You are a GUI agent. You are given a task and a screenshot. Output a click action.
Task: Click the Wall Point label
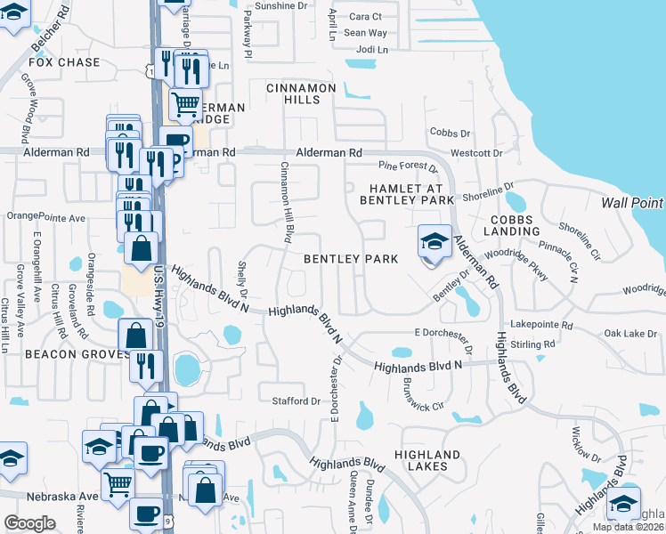click(x=633, y=202)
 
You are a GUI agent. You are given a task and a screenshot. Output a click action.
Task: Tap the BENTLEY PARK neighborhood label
click(x=350, y=259)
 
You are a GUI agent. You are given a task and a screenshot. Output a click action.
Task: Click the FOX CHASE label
click(x=64, y=63)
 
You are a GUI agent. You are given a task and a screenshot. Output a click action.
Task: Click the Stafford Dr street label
click(x=296, y=401)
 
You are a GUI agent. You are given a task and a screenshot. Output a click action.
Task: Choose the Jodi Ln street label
click(x=372, y=50)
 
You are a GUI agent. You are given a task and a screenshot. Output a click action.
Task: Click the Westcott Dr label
click(x=483, y=153)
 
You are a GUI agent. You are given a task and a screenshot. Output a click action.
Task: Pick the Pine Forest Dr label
click(x=409, y=166)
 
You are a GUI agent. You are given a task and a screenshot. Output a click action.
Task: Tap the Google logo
click(x=29, y=522)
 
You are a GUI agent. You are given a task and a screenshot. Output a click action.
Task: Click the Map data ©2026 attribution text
click(x=629, y=527)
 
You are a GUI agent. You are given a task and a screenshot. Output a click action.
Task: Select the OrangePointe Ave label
click(x=45, y=217)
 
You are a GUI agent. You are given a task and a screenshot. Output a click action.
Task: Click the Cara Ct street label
click(x=365, y=16)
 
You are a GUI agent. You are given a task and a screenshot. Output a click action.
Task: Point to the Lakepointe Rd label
click(x=543, y=327)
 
